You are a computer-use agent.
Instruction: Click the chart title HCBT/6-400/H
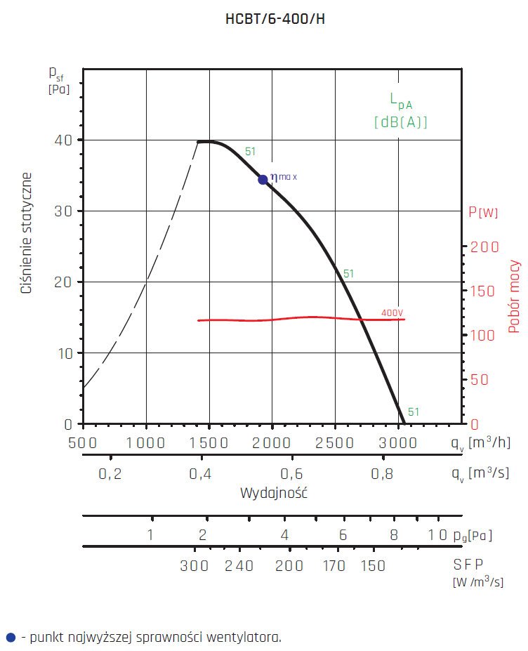pos(275,19)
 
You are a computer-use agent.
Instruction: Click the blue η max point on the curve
pos(263,179)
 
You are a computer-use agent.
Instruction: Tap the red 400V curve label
pos(393,313)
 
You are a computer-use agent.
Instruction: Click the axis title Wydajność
pos(274,492)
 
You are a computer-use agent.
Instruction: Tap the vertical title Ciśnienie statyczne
pos(27,232)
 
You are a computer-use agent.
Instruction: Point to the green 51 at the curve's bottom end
pos(414,412)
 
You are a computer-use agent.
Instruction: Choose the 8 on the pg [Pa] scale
pos(394,535)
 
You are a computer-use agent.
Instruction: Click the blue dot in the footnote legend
pos(10,638)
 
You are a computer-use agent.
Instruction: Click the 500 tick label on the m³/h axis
pos(83,442)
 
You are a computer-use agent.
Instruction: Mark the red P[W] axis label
pos(483,212)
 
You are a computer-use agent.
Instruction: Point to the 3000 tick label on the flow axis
pos(398,442)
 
